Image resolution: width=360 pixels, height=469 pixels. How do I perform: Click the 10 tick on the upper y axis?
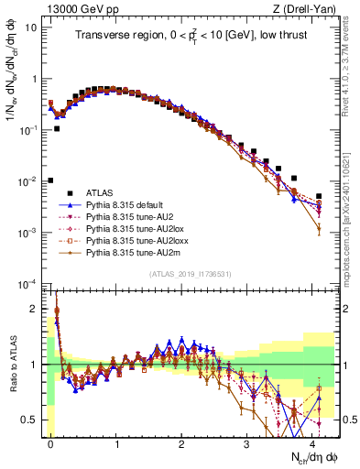(29, 27)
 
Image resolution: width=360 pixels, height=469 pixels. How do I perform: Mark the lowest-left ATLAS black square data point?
(50, 180)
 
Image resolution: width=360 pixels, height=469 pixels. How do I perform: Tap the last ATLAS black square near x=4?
(319, 196)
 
